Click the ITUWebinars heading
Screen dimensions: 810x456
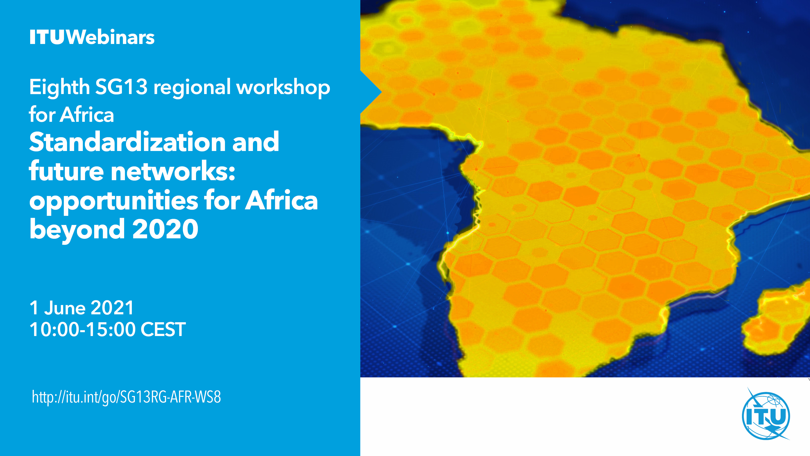92,37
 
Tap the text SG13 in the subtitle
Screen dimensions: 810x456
121,87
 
